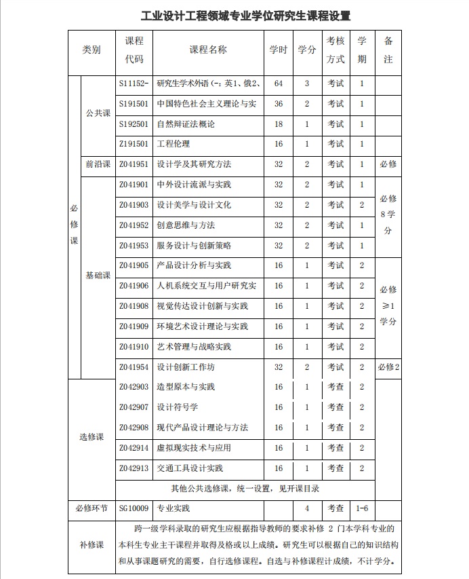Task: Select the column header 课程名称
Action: [x=207, y=50]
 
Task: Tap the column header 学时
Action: [x=279, y=50]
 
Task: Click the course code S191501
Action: [x=134, y=104]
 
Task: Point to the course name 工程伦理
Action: [x=174, y=144]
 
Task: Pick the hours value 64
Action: [x=279, y=83]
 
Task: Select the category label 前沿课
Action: [x=98, y=164]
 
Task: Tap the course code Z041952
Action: [x=134, y=225]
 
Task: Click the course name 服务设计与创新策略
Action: [x=194, y=246]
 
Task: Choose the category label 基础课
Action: [x=98, y=276]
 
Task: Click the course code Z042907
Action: [x=134, y=407]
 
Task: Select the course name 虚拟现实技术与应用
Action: [x=194, y=448]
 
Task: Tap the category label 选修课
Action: [x=91, y=436]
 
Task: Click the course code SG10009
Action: [x=134, y=508]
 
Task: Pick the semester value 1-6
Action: [x=362, y=508]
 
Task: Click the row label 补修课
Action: [x=91, y=544]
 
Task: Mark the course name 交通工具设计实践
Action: [x=190, y=468]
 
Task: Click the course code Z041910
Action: [x=134, y=347]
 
